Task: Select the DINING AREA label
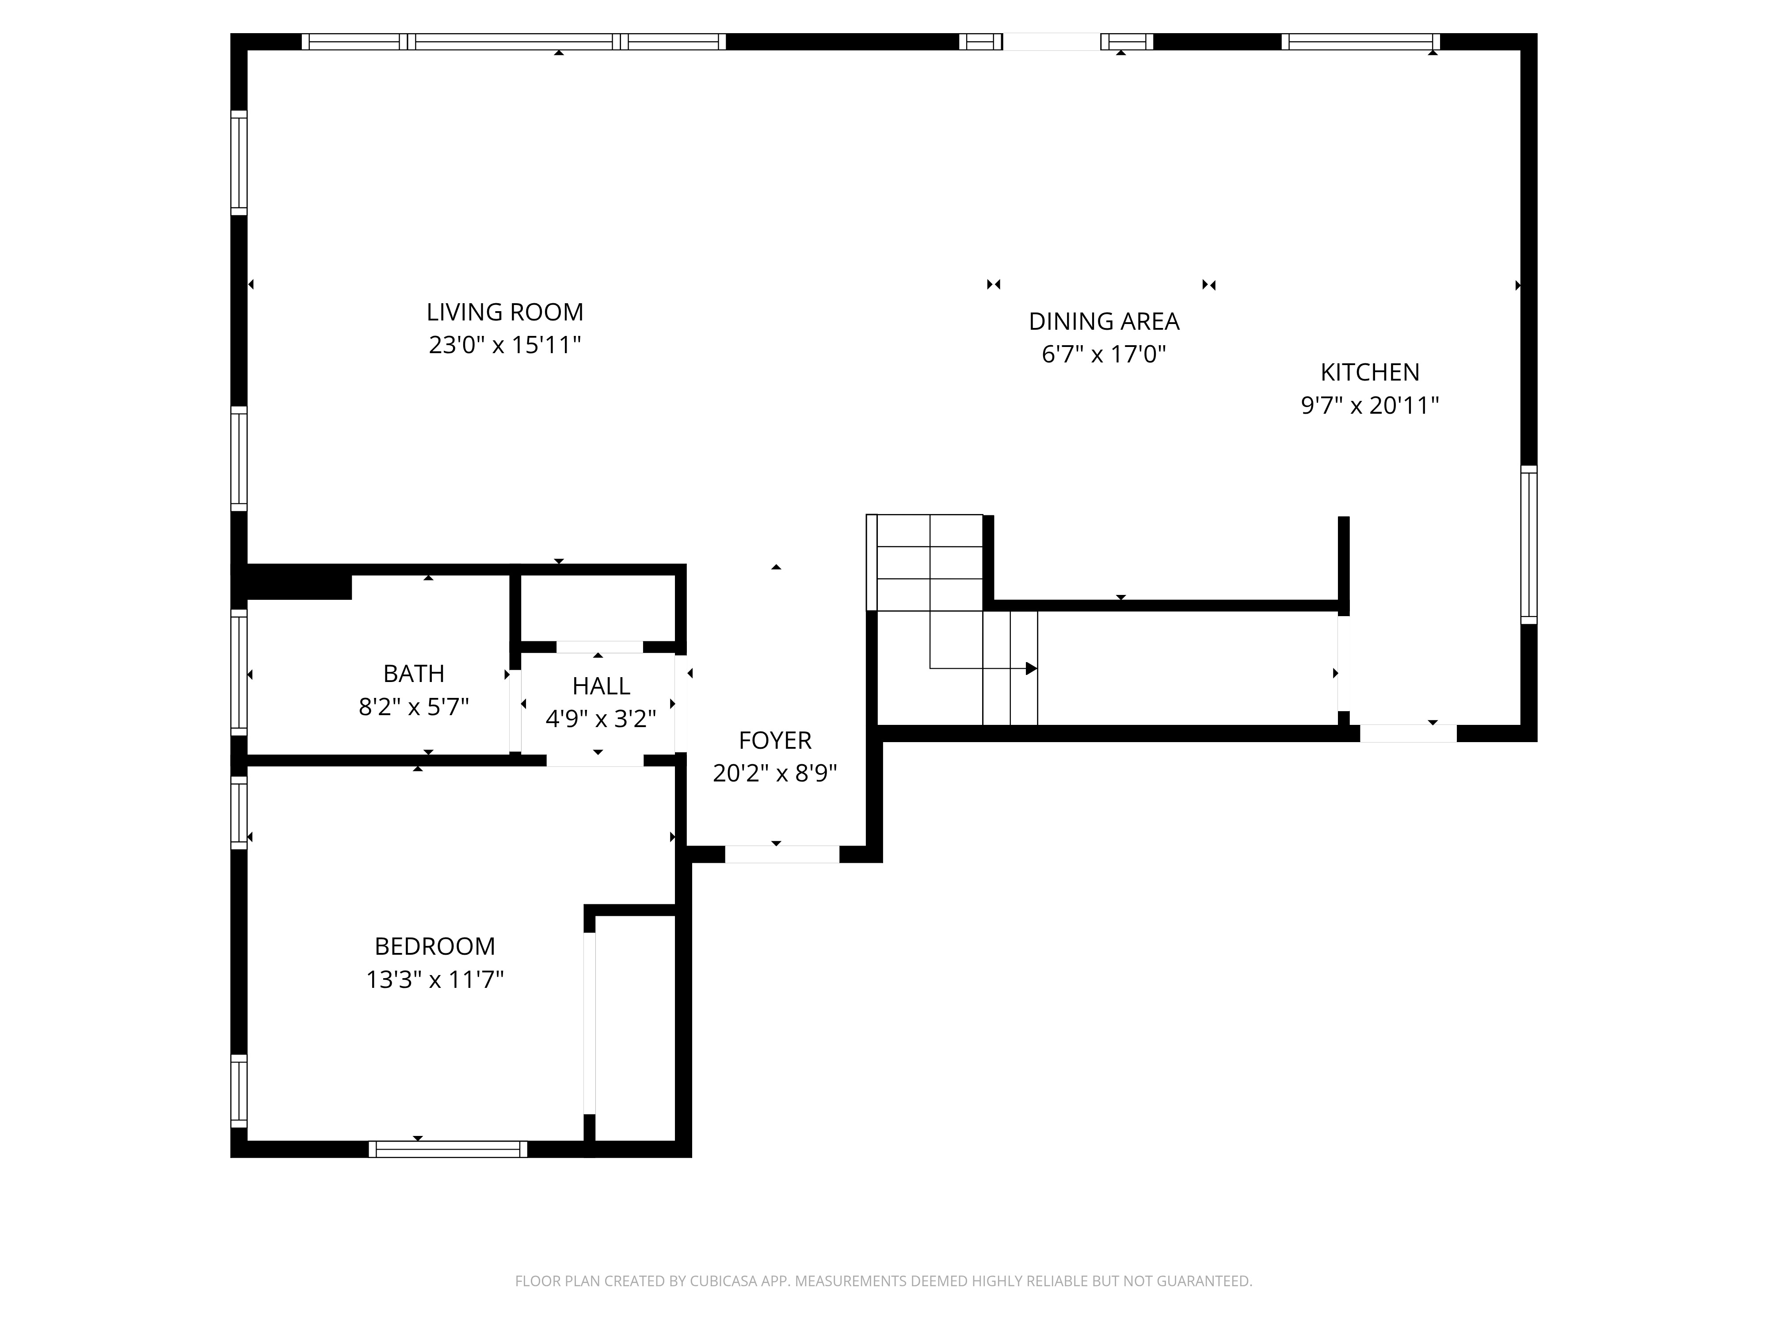click(1104, 321)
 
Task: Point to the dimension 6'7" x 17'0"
click(1104, 354)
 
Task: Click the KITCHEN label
click(1370, 373)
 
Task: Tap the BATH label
click(414, 674)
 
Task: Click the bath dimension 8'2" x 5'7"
click(414, 707)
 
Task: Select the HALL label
click(601, 686)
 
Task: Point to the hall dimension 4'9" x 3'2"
click(601, 719)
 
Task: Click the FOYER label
click(775, 741)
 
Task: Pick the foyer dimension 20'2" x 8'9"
click(775, 773)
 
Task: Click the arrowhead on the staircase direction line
click(1032, 668)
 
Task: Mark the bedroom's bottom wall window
click(448, 1149)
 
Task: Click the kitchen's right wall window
click(1528, 544)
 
